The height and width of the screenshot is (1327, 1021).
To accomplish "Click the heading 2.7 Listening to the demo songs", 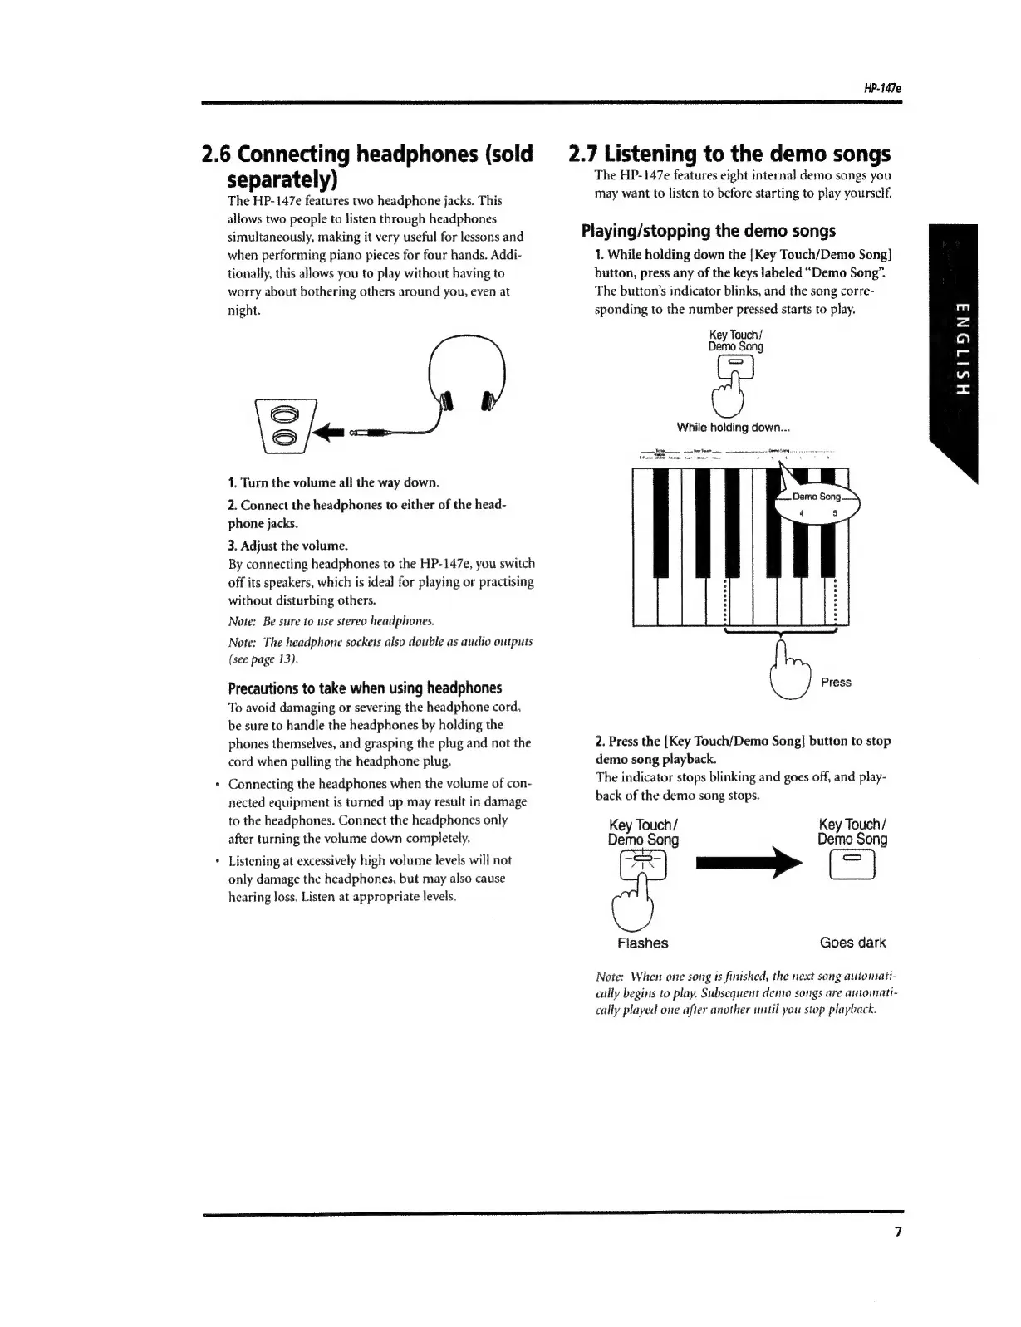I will pos(729,154).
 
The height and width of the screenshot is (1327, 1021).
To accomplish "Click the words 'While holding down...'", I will pos(733,428).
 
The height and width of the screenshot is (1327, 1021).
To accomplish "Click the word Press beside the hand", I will pos(835,682).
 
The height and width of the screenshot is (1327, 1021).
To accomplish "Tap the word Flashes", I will pos(642,943).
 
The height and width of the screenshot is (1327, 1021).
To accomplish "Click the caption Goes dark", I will pos(852,943).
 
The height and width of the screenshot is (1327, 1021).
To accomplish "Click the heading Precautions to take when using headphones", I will pos(365,688).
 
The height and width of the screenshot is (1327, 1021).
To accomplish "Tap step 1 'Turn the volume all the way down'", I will pos(333,482).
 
